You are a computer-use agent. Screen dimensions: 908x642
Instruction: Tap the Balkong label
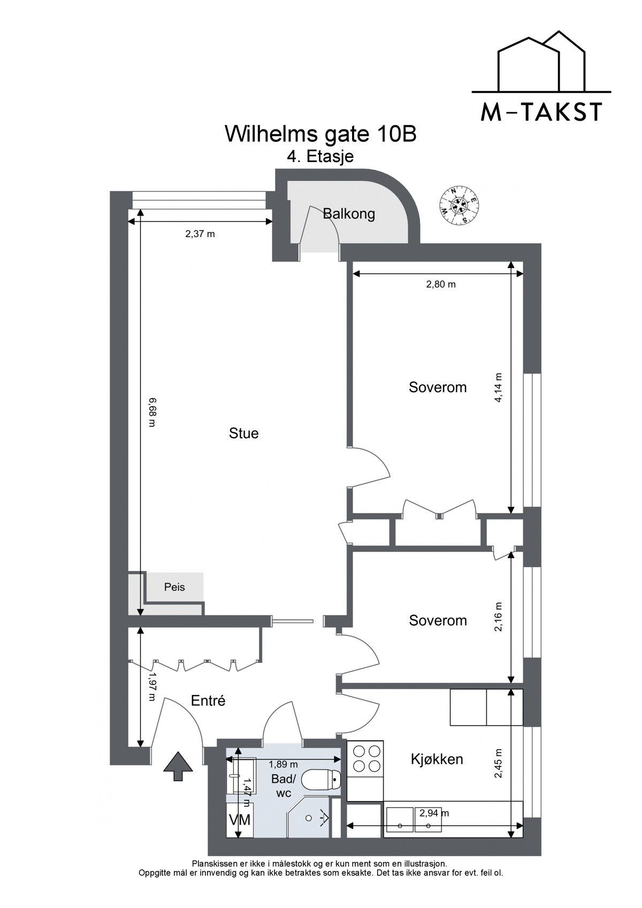click(x=349, y=215)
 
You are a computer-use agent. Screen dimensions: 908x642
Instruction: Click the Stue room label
click(x=243, y=433)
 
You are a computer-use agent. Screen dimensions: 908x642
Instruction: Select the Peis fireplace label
click(x=174, y=587)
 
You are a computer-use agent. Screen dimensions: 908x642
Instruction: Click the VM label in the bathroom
click(x=240, y=819)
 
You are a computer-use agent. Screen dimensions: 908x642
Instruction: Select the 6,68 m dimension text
click(x=152, y=412)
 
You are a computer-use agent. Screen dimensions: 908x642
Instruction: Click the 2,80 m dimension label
click(x=441, y=285)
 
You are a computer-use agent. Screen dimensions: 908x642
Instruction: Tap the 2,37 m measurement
click(x=200, y=234)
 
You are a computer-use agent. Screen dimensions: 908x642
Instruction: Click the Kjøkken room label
click(x=437, y=759)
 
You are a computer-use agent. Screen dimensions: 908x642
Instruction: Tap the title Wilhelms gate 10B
click(x=320, y=134)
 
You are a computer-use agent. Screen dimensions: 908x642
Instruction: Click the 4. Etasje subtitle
click(x=320, y=156)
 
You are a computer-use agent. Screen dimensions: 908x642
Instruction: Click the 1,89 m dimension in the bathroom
click(x=283, y=764)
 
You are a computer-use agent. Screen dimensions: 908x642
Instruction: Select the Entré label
click(x=208, y=700)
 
